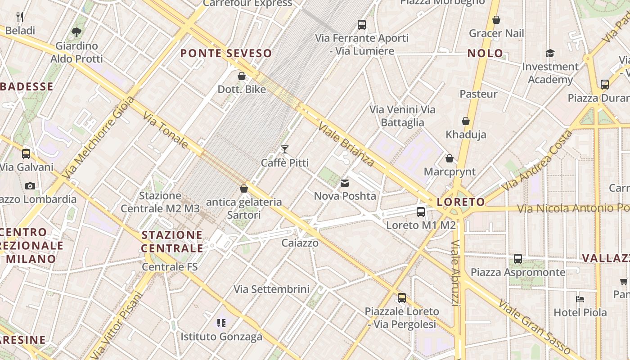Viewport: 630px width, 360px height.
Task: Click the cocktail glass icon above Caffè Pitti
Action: coord(284,149)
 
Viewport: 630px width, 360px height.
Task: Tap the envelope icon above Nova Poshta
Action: coord(345,183)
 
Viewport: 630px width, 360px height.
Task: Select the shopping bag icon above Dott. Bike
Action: coord(242,76)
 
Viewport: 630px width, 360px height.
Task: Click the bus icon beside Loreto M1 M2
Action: coord(421,211)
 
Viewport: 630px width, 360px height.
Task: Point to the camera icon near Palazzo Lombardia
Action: coord(30,186)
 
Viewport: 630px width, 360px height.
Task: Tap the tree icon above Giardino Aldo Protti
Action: coord(76,32)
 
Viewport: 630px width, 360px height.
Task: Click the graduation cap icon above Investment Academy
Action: coord(550,54)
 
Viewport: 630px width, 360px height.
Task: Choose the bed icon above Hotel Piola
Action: coord(580,299)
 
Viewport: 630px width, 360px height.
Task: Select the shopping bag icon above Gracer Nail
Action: coord(496,20)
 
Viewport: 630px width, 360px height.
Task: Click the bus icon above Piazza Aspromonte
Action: coord(518,259)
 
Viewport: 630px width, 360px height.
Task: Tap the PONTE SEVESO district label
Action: coord(226,54)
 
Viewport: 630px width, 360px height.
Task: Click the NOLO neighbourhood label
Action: coord(485,53)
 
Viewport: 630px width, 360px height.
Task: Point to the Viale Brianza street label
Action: coord(346,144)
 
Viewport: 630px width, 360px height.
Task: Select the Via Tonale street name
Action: coord(166,130)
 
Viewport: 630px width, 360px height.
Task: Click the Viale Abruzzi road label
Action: coord(455,273)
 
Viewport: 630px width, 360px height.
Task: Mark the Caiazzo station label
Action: coord(300,243)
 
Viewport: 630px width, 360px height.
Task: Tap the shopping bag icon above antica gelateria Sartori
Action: coord(244,189)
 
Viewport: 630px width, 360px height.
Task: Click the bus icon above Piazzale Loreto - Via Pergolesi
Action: coord(402,297)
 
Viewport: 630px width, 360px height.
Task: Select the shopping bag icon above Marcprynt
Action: coord(449,158)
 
